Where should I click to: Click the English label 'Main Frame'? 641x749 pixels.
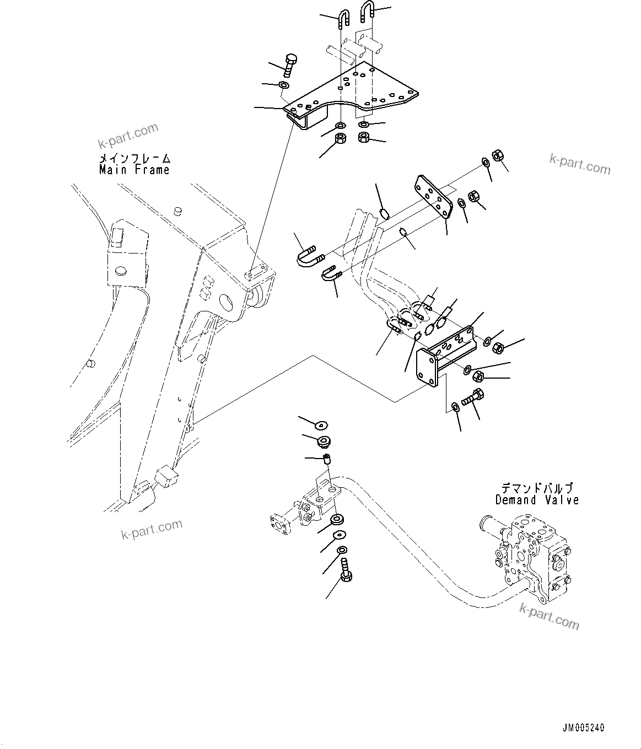point(134,170)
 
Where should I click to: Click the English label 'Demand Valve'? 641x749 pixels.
point(537,500)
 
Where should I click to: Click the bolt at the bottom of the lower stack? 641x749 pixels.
point(346,570)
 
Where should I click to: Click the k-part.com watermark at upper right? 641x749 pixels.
point(580,163)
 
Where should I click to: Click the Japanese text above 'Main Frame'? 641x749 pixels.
point(134,158)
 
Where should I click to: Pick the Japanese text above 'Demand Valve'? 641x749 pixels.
point(537,488)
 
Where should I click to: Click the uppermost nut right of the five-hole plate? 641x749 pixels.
point(497,156)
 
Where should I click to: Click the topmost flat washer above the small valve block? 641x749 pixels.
point(321,424)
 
